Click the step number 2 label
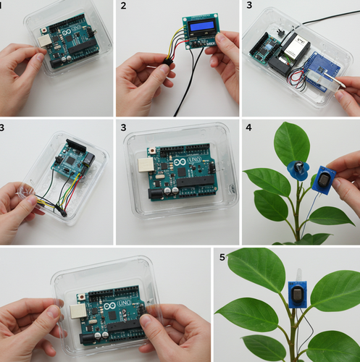(123, 7)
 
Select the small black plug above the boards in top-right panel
(278, 33)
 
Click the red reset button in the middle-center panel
(154, 151)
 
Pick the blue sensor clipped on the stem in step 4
(298, 170)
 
